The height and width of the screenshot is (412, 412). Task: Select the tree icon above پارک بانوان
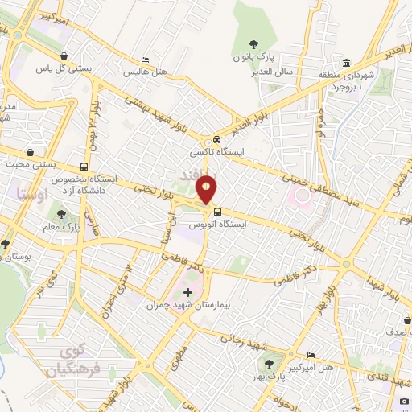click(x=254, y=44)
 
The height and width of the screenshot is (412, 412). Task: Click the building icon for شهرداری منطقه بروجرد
click(x=346, y=64)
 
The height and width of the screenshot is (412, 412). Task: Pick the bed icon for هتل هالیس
click(x=145, y=60)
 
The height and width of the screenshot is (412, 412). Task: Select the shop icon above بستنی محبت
click(x=30, y=151)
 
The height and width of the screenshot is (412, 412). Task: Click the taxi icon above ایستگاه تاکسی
click(x=208, y=138)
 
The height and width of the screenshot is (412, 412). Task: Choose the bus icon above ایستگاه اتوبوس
click(x=216, y=212)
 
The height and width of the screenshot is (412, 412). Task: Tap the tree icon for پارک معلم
click(x=62, y=214)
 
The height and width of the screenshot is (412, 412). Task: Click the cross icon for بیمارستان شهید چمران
click(x=188, y=291)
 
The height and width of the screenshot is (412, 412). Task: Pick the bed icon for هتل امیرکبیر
click(x=311, y=355)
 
